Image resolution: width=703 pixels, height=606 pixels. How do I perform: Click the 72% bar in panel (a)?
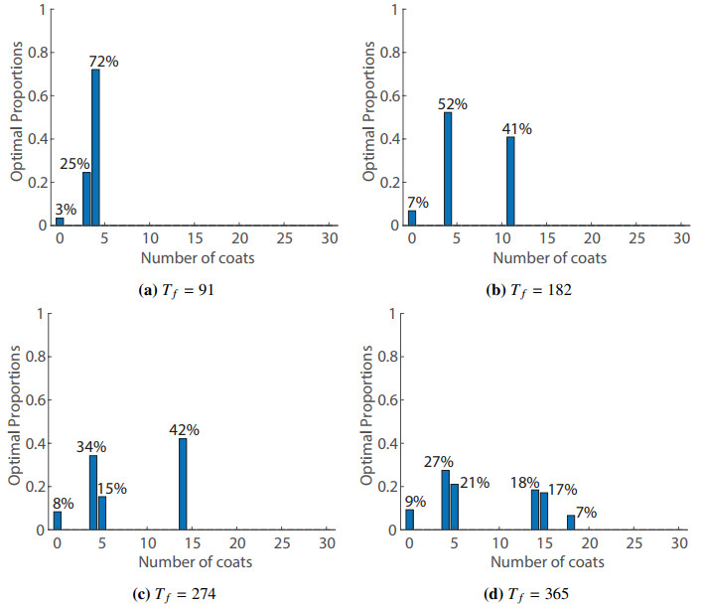point(95,147)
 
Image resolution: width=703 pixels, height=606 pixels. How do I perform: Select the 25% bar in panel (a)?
point(86,199)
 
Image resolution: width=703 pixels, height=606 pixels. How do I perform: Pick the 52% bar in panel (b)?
point(448,169)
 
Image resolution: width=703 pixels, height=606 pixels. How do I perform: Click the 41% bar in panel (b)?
point(510,181)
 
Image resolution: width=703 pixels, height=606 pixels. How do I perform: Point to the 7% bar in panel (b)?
point(411,218)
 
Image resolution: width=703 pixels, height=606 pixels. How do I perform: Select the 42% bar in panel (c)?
point(183,484)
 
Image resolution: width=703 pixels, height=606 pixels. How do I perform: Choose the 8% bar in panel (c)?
point(58,520)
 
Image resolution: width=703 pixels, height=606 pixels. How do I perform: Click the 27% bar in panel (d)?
point(446,500)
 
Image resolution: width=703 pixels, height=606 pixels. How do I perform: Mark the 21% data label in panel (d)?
point(474,483)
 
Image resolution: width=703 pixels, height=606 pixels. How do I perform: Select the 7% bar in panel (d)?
point(571,522)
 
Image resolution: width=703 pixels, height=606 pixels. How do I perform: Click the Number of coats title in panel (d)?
point(547,563)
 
